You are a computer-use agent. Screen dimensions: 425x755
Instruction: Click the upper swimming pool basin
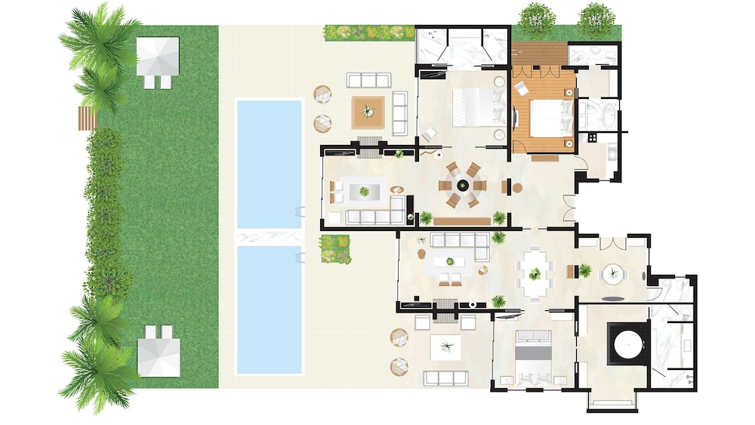[270, 162]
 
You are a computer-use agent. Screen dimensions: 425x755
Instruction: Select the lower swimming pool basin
[270, 310]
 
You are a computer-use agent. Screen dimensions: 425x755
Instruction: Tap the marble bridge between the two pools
[270, 237]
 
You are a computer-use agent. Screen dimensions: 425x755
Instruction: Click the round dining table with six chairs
[462, 185]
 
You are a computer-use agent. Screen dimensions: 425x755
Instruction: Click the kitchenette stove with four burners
[593, 138]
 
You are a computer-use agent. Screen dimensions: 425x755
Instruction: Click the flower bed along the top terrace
[369, 32]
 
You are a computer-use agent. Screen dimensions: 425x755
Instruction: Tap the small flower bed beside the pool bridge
[335, 249]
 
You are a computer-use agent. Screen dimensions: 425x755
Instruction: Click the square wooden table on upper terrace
[368, 112]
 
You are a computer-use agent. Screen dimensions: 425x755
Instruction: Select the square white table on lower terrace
[447, 347]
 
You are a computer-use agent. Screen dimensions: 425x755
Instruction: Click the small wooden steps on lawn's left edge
[88, 117]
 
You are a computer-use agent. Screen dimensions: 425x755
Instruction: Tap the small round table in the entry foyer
[612, 273]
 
